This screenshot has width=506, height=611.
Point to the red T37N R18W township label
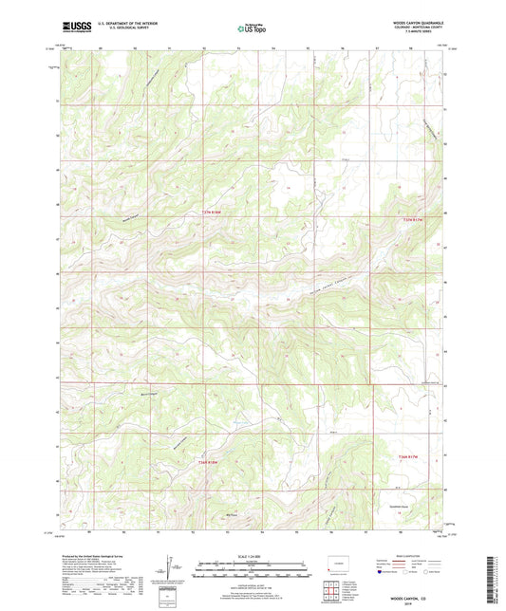click(216, 212)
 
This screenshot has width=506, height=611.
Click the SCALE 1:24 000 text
click(253, 555)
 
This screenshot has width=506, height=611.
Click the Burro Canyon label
click(145, 394)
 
